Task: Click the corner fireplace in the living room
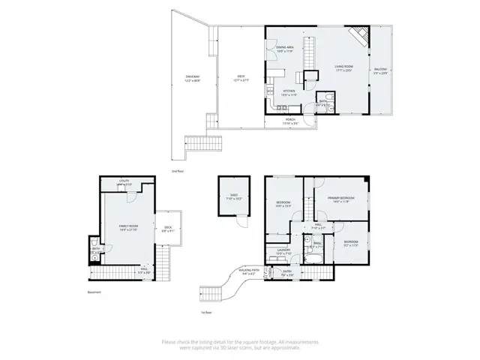coord(361,34)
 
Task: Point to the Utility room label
coord(125,182)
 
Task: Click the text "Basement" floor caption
coord(94,292)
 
